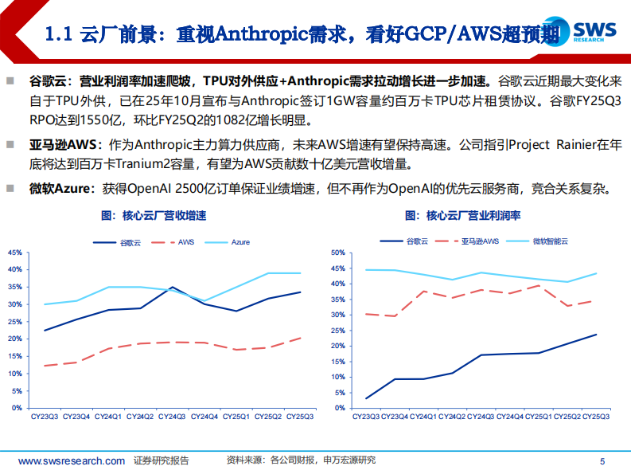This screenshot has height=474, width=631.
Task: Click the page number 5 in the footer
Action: [602, 460]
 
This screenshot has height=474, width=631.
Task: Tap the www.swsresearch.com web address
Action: [71, 460]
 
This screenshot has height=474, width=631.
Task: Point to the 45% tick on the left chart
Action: [15, 253]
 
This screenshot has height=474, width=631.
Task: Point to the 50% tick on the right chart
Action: [337, 253]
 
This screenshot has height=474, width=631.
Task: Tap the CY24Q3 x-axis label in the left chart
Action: [171, 417]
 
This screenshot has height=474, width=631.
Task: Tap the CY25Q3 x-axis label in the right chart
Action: [596, 417]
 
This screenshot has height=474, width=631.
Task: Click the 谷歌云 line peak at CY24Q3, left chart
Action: [171, 288]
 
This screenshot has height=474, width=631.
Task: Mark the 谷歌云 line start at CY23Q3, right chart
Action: [366, 398]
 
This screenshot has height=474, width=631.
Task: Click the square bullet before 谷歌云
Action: [11, 80]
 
